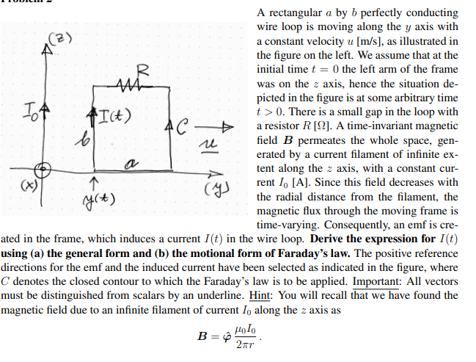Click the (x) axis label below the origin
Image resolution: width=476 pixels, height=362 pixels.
[x=13, y=180]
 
